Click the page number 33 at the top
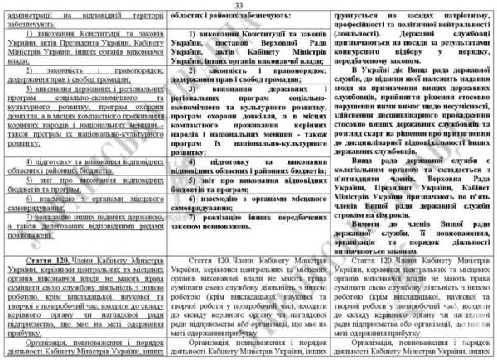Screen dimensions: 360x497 (x=248, y=6)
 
